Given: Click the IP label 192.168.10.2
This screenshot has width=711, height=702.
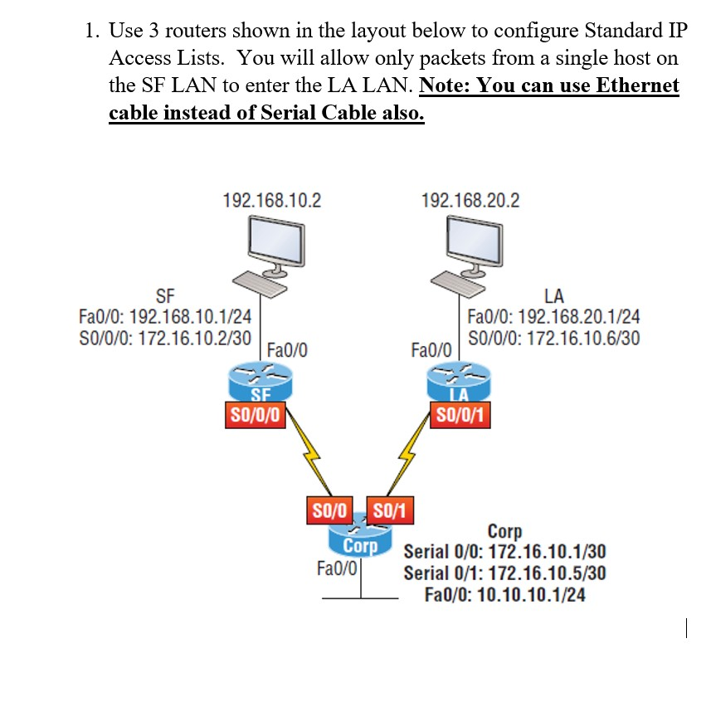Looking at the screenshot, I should click(x=272, y=200).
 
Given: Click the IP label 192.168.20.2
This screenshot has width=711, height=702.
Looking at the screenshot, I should click(x=470, y=200).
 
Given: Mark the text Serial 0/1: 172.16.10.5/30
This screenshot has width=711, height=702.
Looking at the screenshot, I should click(x=504, y=573).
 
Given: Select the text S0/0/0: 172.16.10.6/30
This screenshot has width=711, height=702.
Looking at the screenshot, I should click(x=553, y=339).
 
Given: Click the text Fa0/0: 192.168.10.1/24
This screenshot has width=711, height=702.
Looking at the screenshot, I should click(x=164, y=316).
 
